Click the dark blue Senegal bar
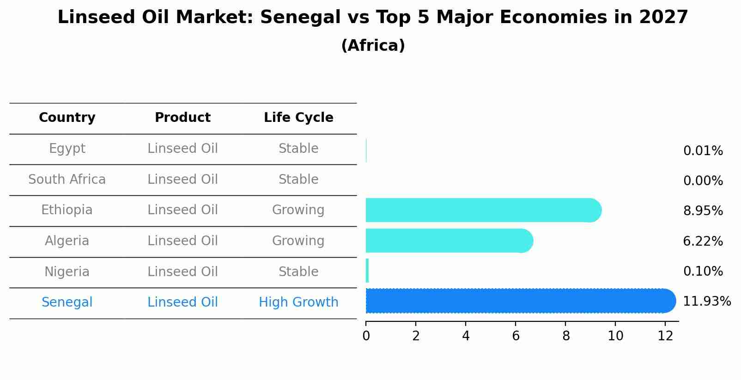[520, 301]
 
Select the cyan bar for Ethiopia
[483, 210]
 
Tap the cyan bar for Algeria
[449, 241]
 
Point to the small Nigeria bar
[367, 271]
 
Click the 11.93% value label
[707, 302]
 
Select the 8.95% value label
[703, 211]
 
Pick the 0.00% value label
[703, 181]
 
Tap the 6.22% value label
[703, 241]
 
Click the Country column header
[67, 118]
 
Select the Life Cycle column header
[298, 118]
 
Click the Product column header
[182, 118]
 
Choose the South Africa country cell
[67, 179]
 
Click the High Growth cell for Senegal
[298, 302]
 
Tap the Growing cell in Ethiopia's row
[298, 210]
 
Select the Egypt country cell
[67, 149]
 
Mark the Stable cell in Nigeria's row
[298, 271]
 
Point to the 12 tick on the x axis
[665, 336]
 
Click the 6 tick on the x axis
[516, 336]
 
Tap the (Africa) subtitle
[373, 46]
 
